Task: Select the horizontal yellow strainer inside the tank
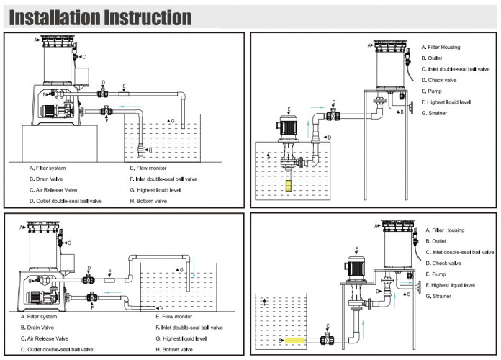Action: (x=296, y=339)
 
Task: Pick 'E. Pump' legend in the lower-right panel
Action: (x=435, y=274)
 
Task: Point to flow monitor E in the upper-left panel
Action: (x=124, y=92)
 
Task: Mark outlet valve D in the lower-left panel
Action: (x=89, y=276)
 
